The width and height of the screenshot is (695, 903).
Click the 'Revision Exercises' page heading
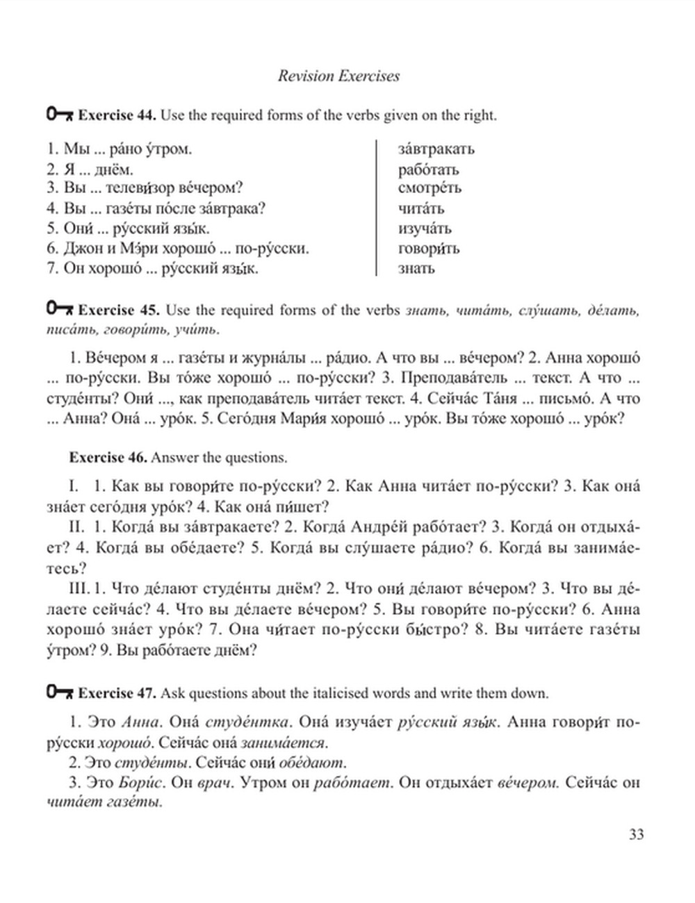(x=338, y=76)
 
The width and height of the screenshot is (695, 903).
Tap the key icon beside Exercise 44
(x=60, y=114)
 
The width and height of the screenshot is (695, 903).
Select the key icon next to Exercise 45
(x=60, y=308)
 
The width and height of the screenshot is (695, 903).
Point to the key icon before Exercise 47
(x=60, y=692)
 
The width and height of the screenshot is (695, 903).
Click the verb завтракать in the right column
(x=436, y=149)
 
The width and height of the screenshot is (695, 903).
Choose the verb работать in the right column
(x=428, y=169)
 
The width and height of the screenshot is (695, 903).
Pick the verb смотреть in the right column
(x=430, y=188)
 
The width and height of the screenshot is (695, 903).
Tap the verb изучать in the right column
(x=425, y=229)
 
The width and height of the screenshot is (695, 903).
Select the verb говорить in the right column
(x=428, y=249)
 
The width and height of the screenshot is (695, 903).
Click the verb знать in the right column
(x=416, y=268)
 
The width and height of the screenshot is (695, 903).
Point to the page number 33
(x=636, y=834)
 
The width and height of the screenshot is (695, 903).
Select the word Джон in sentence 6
(x=81, y=249)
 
